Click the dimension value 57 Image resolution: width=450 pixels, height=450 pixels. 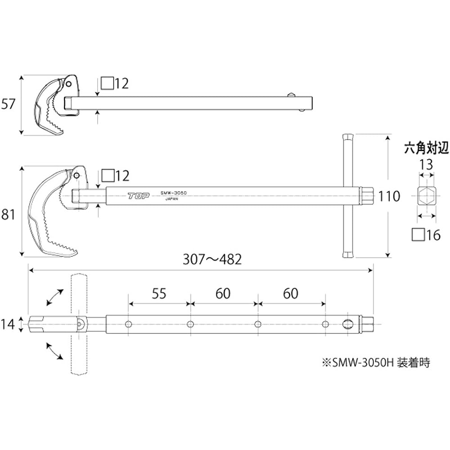point(9,104)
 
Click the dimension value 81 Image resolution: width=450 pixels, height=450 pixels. point(9,215)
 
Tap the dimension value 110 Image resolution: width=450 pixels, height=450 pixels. point(389,196)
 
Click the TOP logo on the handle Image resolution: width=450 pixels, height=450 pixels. point(138,196)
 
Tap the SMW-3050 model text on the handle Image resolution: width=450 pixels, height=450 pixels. point(173,193)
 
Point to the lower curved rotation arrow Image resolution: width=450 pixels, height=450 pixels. point(54,350)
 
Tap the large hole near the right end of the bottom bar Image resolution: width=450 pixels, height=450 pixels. point(348,324)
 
